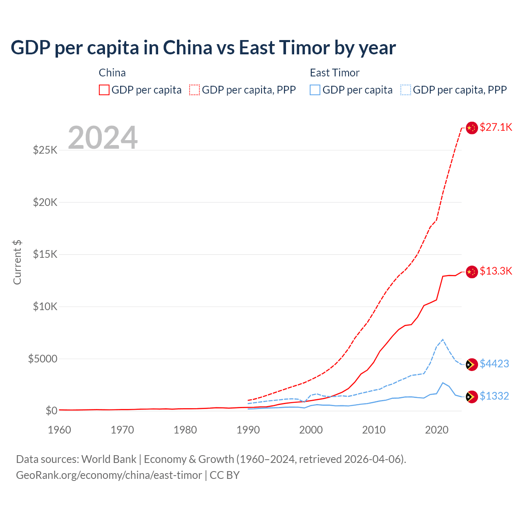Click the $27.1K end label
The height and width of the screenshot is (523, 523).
coord(496,127)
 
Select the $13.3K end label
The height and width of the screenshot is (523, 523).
coord(496,271)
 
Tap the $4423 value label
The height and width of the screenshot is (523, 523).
coord(494,364)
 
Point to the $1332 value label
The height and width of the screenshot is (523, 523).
coord(494,396)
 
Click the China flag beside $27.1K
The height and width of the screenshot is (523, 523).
coord(472,128)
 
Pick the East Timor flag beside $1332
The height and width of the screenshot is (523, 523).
coord(472,397)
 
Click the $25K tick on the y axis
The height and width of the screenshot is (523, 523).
coord(45,150)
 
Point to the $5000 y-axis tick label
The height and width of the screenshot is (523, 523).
coord(42,359)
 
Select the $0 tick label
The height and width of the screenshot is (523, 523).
coord(51,411)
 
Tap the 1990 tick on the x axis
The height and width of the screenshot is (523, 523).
coord(248,430)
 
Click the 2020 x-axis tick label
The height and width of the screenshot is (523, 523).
coord(437,430)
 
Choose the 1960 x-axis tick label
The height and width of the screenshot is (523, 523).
coord(59,430)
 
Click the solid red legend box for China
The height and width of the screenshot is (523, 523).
coord(104,90)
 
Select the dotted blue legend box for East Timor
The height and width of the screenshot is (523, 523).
coord(406,90)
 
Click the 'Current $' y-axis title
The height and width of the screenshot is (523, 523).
coord(17,262)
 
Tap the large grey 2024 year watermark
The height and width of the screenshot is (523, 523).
coord(103,138)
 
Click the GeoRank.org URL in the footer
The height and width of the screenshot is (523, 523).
coord(109,475)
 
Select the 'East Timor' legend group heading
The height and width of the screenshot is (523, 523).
coord(335,73)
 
